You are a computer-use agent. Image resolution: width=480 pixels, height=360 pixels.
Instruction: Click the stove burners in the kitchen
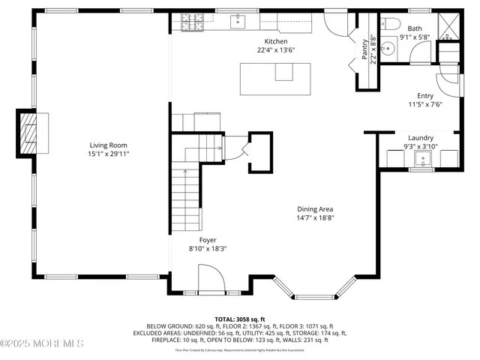pos(187,24)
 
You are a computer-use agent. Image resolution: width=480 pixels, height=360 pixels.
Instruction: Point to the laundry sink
pos(423,158)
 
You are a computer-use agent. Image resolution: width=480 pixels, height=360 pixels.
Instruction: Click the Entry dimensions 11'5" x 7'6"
pos(424,104)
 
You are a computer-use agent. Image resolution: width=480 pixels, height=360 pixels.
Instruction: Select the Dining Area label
pos(314,209)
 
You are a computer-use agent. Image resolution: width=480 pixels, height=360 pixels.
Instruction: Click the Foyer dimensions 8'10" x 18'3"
pos(207,248)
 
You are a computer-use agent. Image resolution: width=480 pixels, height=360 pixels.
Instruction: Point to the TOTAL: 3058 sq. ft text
pos(240,319)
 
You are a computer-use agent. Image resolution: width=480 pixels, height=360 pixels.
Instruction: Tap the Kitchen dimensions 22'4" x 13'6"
pos(275,50)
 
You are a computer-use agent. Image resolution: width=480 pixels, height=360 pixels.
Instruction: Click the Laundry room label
pos(420,138)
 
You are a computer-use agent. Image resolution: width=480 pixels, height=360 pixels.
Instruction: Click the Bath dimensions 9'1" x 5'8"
pos(415,36)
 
